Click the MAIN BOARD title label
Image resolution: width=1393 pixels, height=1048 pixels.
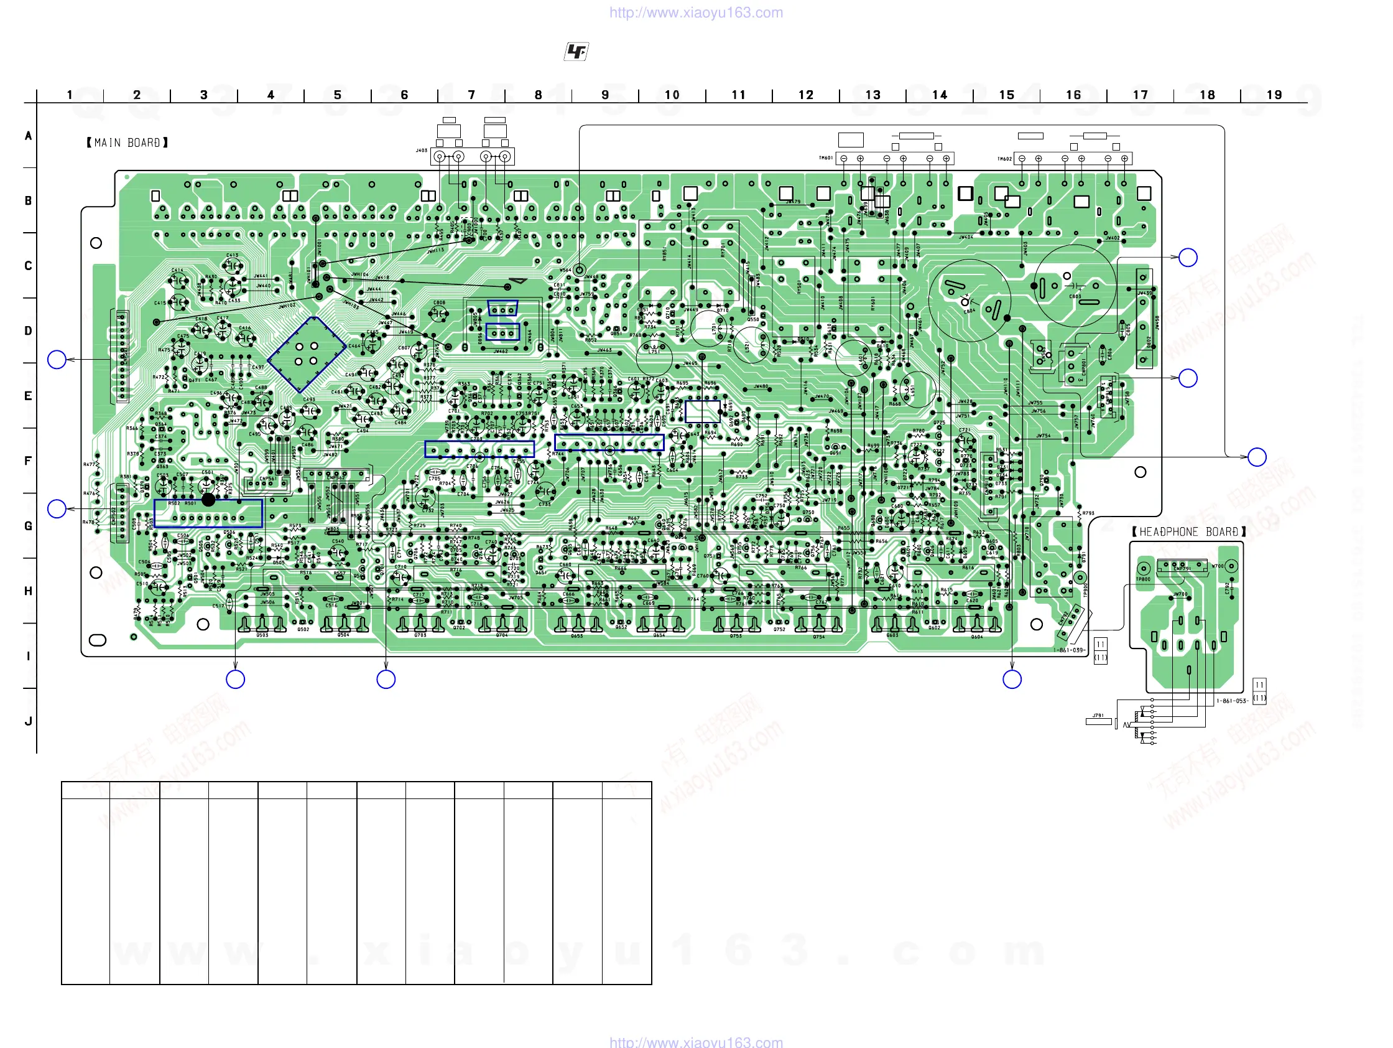pyautogui.click(x=127, y=143)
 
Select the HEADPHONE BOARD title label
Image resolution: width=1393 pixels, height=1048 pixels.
pyautogui.click(x=1188, y=532)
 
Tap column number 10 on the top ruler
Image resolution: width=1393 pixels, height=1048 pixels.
pyautogui.click(x=672, y=95)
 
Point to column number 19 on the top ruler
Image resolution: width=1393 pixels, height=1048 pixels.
pyautogui.click(x=1274, y=95)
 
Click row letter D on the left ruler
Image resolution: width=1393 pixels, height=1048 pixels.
pyautogui.click(x=29, y=331)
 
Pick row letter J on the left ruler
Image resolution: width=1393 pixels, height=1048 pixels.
pyautogui.click(x=29, y=721)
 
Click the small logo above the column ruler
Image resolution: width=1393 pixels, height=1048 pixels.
pyautogui.click(x=576, y=52)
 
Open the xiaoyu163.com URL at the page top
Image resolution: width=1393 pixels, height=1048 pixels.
pyautogui.click(x=696, y=12)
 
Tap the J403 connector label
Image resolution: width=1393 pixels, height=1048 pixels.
pyautogui.click(x=421, y=151)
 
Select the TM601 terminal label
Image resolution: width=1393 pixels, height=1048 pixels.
pyautogui.click(x=826, y=157)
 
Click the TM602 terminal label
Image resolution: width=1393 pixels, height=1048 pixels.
pyautogui.click(x=1004, y=159)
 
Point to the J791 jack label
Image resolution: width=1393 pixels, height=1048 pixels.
pyautogui.click(x=1098, y=716)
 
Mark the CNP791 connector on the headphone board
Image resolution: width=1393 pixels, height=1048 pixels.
pyautogui.click(x=1182, y=568)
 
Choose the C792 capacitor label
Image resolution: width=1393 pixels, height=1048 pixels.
pyautogui.click(x=1227, y=589)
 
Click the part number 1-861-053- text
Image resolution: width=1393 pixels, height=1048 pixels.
pyautogui.click(x=1232, y=701)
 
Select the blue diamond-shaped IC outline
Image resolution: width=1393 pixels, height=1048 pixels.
pyautogui.click(x=307, y=354)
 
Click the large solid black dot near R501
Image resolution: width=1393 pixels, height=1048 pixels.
pyautogui.click(x=208, y=500)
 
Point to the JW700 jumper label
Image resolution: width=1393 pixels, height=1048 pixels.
pyautogui.click(x=1180, y=594)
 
